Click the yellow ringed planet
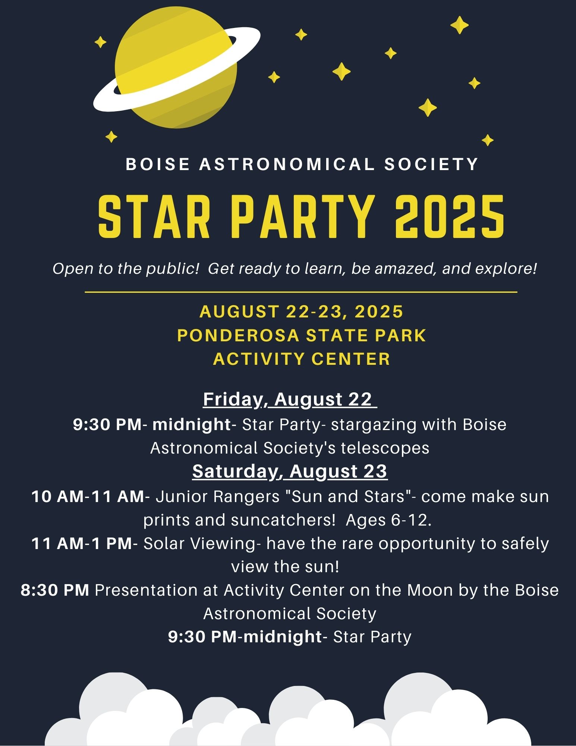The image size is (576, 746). pyautogui.click(x=176, y=67)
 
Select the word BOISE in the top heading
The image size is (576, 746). pyautogui.click(x=158, y=164)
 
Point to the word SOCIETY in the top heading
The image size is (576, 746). pyautogui.click(x=431, y=164)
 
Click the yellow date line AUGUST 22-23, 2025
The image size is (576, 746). pyautogui.click(x=301, y=311)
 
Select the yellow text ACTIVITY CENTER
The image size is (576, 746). pyautogui.click(x=302, y=359)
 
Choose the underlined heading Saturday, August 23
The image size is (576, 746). pyautogui.click(x=290, y=471)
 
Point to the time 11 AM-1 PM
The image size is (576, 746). pyautogui.click(x=82, y=543)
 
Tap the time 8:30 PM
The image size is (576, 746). pyautogui.click(x=55, y=590)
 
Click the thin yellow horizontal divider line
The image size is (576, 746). pyautogui.click(x=301, y=292)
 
